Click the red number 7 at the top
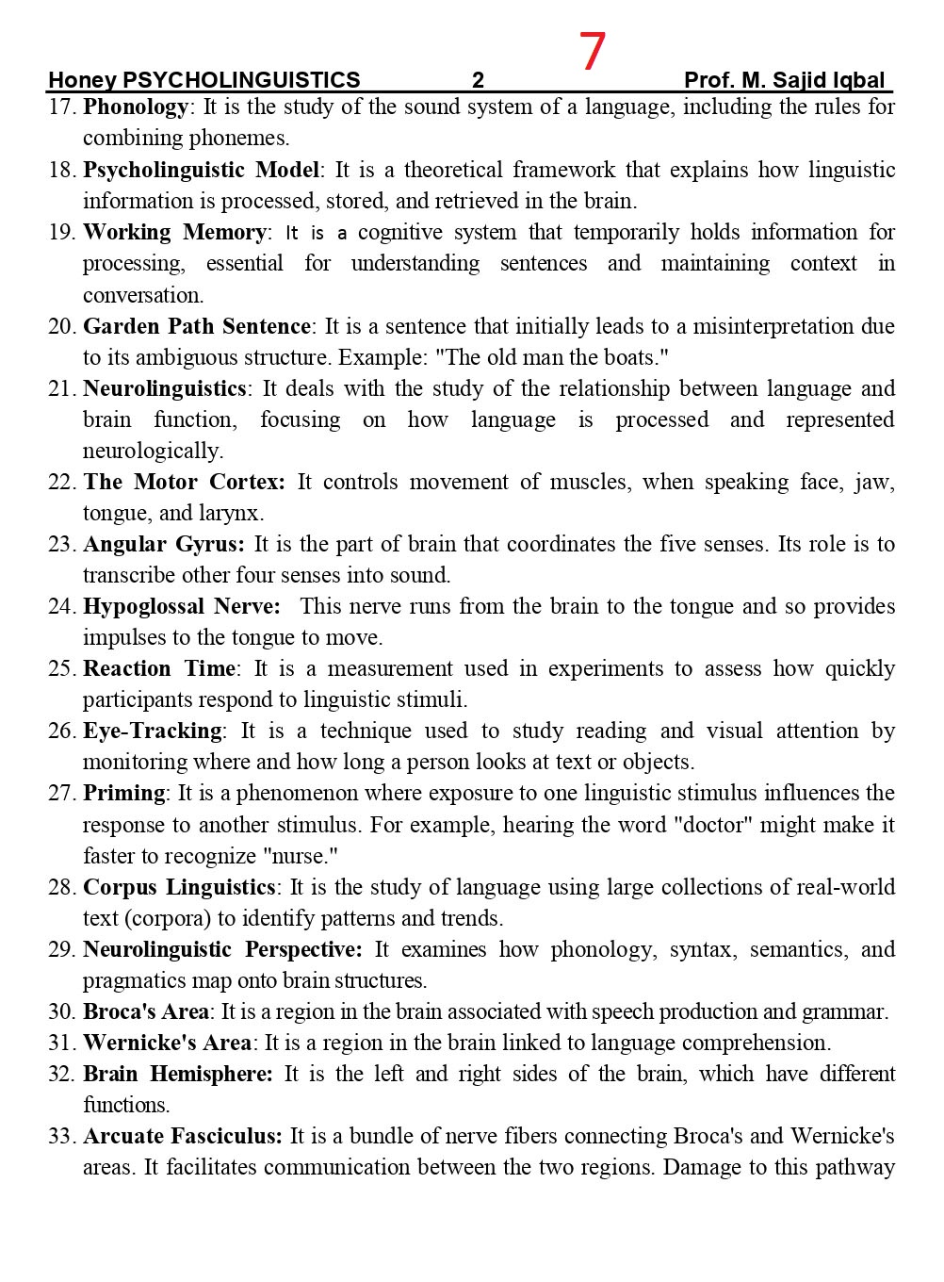[592, 51]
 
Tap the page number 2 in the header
[478, 80]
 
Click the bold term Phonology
[136, 107]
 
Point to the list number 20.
[61, 327]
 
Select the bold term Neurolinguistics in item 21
[164, 388]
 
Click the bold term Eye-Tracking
[153, 731]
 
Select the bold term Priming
[123, 793]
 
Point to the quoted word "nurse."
[305, 856]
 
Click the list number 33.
[61, 1137]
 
